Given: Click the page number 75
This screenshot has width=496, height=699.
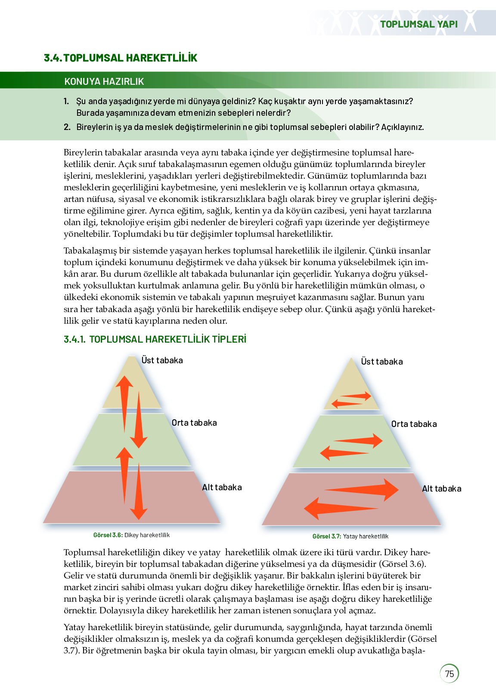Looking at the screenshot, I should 449,674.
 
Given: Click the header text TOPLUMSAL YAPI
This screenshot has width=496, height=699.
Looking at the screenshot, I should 418,24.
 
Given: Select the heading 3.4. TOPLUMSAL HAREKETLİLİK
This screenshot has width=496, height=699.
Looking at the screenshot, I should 121,58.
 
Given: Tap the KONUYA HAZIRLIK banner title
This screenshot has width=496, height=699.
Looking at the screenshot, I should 104,81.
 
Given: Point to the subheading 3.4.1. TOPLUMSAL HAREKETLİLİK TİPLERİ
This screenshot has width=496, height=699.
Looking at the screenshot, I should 155,339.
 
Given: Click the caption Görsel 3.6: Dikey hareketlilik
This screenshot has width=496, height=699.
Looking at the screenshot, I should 131,535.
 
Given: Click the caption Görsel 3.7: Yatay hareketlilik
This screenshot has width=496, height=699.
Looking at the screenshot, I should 350,536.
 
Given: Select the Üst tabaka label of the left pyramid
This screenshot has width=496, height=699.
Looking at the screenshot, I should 162,360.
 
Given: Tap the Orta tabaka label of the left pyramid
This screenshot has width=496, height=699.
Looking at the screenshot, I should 194,423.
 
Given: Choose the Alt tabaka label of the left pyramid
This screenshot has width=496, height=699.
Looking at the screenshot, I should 222,487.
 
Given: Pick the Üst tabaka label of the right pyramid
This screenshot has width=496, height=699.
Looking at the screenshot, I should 382,362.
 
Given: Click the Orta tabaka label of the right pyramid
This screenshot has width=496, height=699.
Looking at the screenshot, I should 414,424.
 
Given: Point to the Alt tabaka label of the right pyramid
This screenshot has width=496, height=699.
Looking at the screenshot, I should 441,489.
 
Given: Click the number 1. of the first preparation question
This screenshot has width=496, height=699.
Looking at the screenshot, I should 66,101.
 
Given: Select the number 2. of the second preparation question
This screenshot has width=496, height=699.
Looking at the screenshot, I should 67,127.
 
